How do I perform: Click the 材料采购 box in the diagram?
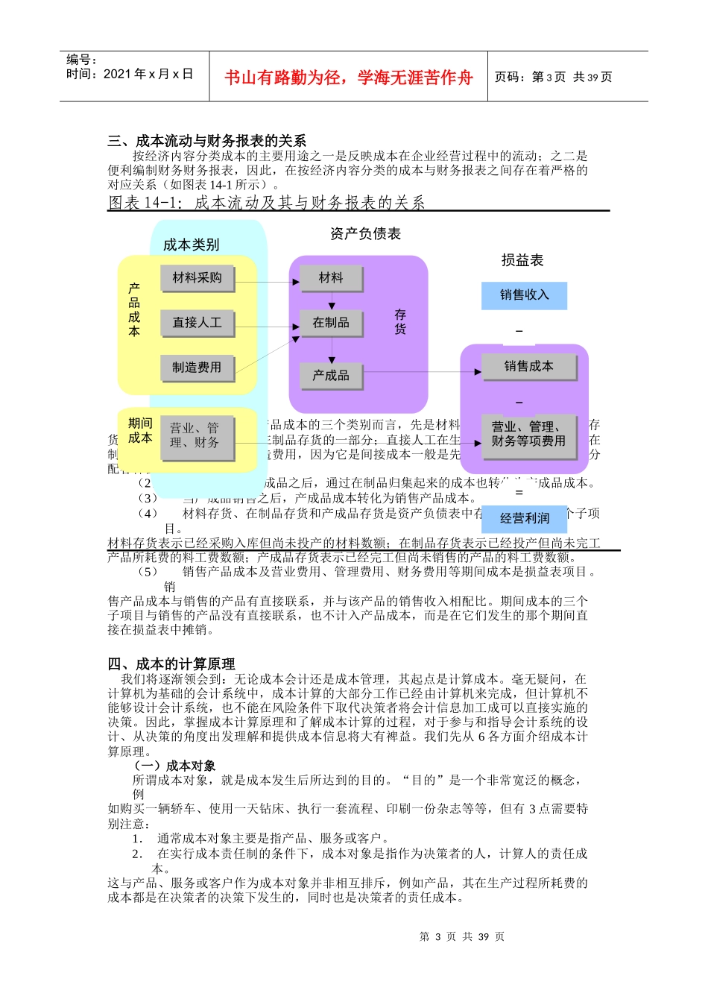click(x=197, y=278)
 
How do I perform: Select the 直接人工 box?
click(x=197, y=323)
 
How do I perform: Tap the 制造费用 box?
click(x=197, y=368)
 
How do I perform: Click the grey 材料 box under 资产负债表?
click(x=331, y=278)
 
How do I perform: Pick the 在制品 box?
click(x=331, y=323)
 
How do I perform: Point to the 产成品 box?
click(x=331, y=376)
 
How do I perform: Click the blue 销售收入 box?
click(x=524, y=295)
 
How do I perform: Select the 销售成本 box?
click(x=528, y=366)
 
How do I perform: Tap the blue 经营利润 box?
click(x=524, y=518)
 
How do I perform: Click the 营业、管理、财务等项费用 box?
click(x=528, y=434)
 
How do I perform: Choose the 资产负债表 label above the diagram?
click(x=365, y=234)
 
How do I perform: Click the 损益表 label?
click(x=522, y=260)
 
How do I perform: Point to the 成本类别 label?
click(x=191, y=245)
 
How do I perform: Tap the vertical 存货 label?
click(x=400, y=322)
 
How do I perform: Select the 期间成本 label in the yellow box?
click(x=140, y=430)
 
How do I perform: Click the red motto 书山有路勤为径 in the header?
click(x=349, y=78)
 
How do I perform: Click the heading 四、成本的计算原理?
click(x=171, y=664)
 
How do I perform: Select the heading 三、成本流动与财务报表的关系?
click(x=206, y=141)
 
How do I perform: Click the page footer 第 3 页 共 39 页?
click(x=462, y=936)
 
